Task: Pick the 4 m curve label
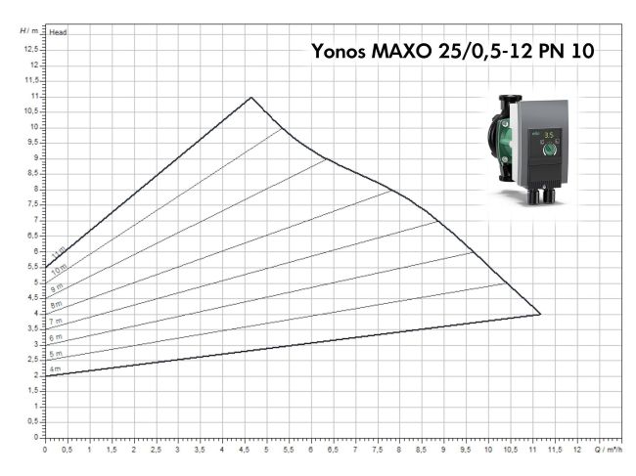[x=57, y=368]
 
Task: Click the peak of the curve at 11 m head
[x=251, y=97]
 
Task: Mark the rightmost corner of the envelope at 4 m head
[x=540, y=314]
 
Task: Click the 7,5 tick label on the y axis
[x=33, y=204]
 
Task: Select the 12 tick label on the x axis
[x=577, y=451]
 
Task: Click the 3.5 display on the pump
[x=550, y=136]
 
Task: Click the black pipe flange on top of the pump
[x=510, y=103]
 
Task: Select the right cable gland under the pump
[x=554, y=196]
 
